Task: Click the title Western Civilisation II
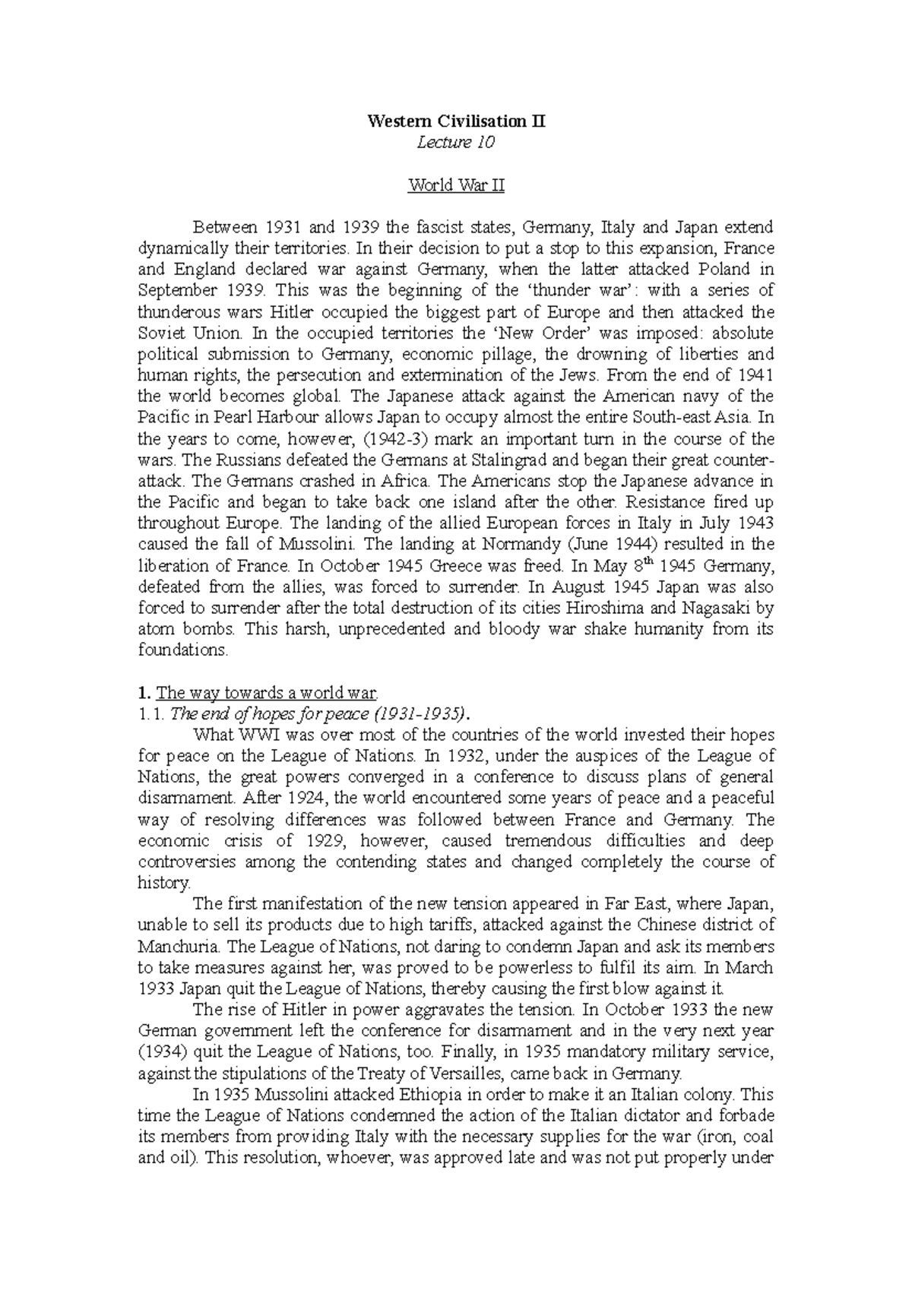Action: (x=456, y=121)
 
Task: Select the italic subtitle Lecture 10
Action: (x=456, y=142)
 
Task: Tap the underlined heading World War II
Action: (x=456, y=185)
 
